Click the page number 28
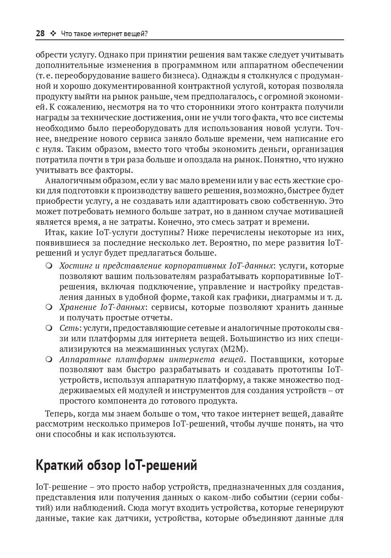tap(40, 34)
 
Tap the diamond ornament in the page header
tap(53, 34)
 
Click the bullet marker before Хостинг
tap(49, 266)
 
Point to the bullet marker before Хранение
tap(49, 308)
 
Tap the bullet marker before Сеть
tap(49, 328)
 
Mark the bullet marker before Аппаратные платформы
tap(49, 359)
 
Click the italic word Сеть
tap(69, 328)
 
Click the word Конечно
tap(176, 222)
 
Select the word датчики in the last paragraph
tap(124, 519)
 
